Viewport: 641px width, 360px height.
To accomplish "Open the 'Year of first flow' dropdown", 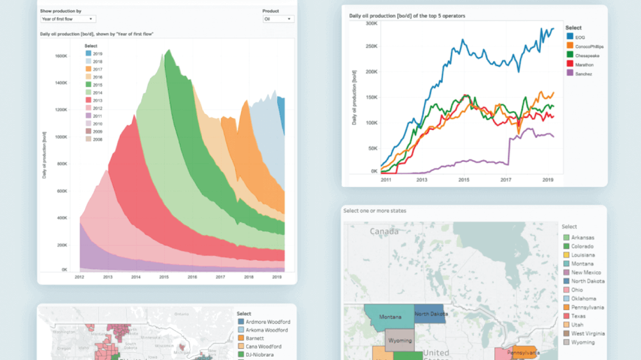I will click(x=68, y=19).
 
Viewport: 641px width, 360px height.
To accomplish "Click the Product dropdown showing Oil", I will click(x=278, y=19).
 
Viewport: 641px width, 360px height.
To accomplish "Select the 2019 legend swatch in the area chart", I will click(x=88, y=54).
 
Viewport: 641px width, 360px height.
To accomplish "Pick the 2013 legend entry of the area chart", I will click(x=94, y=101).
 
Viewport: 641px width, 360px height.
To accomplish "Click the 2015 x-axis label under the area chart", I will click(x=164, y=277).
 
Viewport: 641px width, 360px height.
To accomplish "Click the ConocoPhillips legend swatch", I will click(x=570, y=47).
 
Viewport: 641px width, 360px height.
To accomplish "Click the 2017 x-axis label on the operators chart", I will click(x=506, y=180).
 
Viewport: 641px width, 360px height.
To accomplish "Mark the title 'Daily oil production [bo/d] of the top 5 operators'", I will click(x=407, y=15).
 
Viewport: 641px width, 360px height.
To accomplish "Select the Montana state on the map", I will click(x=389, y=316).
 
